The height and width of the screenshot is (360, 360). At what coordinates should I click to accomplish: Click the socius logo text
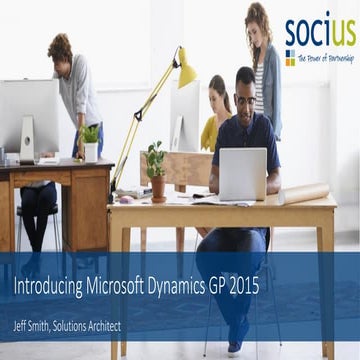(319, 31)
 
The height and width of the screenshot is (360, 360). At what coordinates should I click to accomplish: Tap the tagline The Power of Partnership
(325, 58)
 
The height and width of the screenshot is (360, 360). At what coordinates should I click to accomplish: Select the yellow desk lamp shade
(185, 69)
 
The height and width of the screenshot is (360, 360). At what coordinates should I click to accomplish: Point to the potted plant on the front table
(156, 170)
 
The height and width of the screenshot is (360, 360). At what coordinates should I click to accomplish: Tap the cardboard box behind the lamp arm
(185, 167)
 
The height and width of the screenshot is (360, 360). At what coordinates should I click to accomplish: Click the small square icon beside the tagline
(290, 58)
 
